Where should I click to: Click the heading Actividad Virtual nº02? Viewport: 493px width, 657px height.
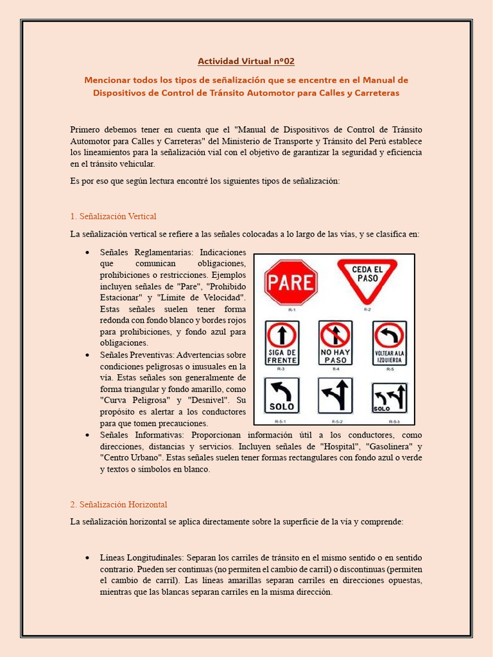(x=246, y=62)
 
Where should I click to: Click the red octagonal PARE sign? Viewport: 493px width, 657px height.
(x=291, y=282)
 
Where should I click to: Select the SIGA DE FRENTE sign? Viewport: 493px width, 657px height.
(x=282, y=343)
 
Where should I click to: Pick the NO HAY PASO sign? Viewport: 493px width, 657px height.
(x=335, y=343)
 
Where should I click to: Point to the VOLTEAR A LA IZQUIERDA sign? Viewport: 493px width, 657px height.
(x=389, y=343)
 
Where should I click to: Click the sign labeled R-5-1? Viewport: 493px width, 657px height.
(x=282, y=396)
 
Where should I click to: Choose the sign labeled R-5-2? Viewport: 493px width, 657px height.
(x=335, y=396)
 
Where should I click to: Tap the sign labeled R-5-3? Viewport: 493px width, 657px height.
(x=389, y=397)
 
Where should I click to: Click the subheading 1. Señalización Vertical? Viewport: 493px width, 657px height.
(x=113, y=216)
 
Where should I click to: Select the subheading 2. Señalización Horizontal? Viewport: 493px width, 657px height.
(x=118, y=505)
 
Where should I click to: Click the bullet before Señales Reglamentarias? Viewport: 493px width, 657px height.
(x=87, y=253)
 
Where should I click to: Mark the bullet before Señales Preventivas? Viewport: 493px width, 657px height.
(x=87, y=354)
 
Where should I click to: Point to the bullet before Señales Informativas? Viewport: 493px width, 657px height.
(x=87, y=435)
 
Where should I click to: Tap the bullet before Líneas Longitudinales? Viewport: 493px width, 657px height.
(x=87, y=558)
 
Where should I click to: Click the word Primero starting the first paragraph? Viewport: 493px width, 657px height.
(x=85, y=129)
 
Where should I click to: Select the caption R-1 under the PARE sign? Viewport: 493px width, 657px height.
(x=291, y=310)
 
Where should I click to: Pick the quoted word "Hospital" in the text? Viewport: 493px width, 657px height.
(x=360, y=447)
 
